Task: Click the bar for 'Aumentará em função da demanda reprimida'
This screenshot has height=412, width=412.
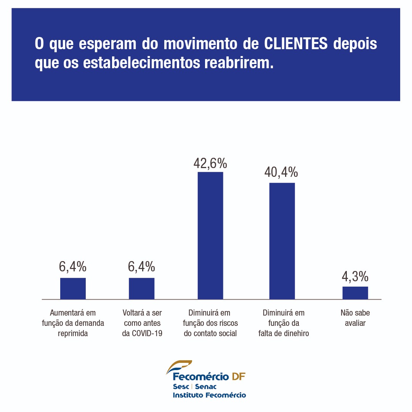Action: [x=73, y=289]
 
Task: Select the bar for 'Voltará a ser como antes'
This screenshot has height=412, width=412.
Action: [x=141, y=289]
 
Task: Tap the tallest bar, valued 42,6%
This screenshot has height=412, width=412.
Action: [x=210, y=236]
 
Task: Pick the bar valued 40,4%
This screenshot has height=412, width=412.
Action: [x=282, y=241]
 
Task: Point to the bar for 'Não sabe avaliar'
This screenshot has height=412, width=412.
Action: [x=355, y=293]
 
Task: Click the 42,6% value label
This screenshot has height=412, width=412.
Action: [x=210, y=164]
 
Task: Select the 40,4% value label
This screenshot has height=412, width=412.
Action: [x=281, y=173]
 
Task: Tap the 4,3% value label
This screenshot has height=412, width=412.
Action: [x=355, y=276]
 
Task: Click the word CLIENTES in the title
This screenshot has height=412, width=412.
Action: [x=296, y=44]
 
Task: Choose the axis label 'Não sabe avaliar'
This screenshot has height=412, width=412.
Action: [x=355, y=318]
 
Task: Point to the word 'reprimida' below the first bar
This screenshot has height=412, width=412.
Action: [x=73, y=333]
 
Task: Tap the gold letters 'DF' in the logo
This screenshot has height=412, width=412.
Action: [x=238, y=377]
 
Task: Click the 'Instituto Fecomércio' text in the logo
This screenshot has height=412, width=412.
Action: [x=209, y=395]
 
